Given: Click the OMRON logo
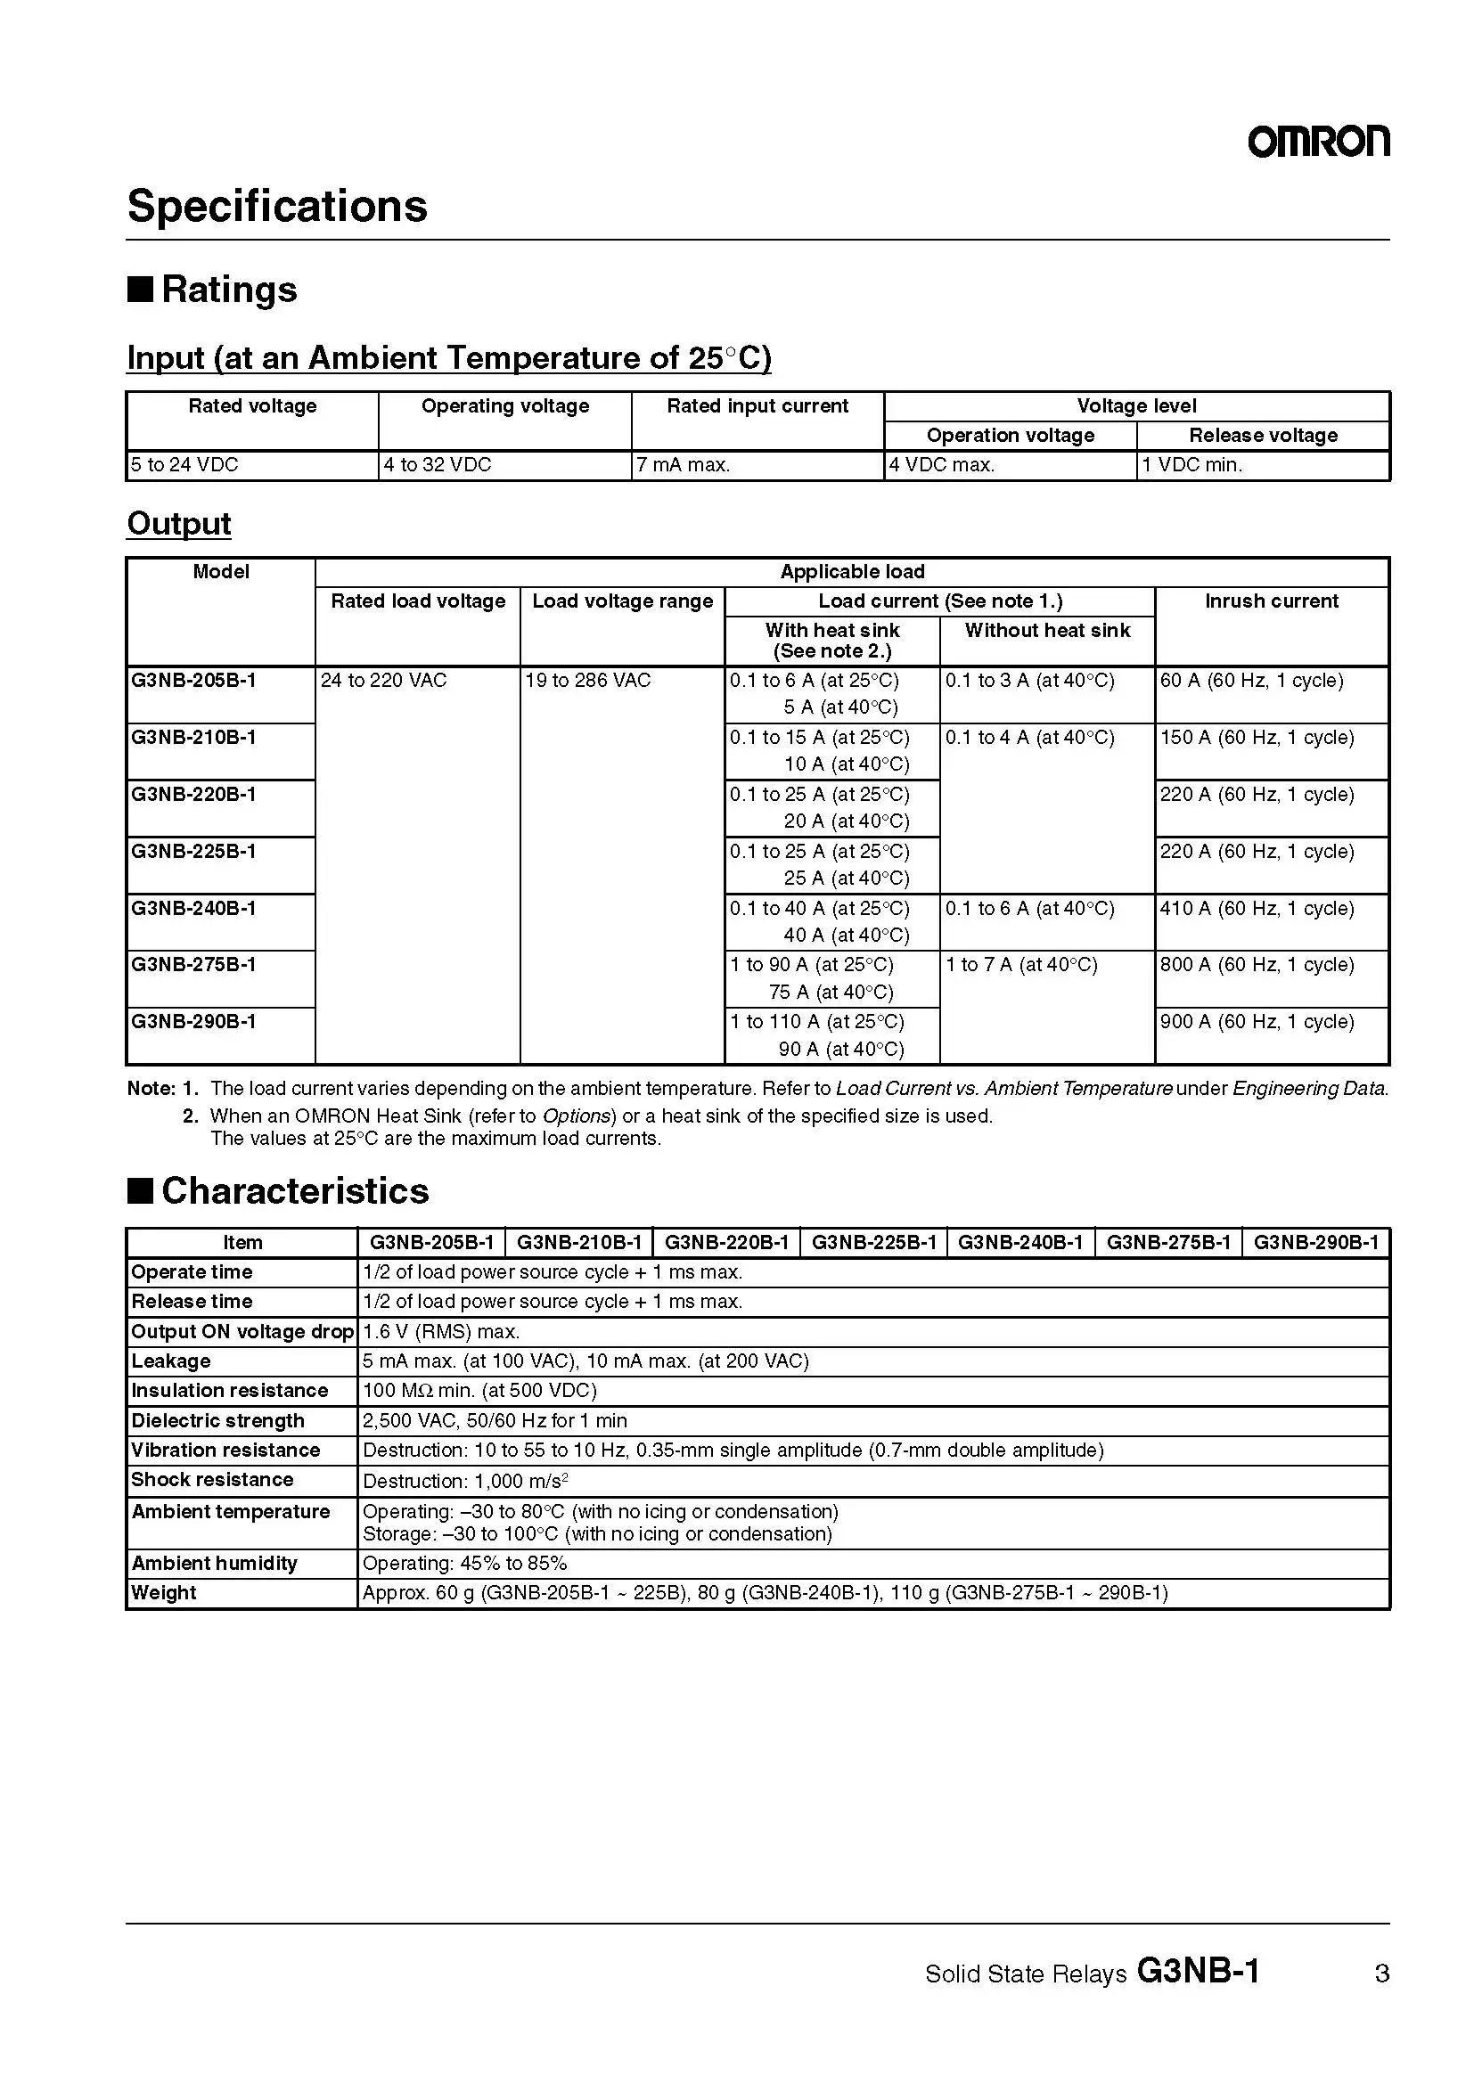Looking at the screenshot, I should click(x=1318, y=142).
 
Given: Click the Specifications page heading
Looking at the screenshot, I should click(x=277, y=206).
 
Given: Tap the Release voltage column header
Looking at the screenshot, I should click(x=1263, y=436).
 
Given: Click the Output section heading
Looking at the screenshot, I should click(x=179, y=524).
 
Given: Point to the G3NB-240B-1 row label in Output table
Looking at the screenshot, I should click(x=193, y=909).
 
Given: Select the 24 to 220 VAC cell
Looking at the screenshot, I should click(x=384, y=681).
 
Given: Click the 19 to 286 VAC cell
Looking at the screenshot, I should click(x=588, y=681).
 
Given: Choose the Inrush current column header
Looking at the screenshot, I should click(x=1271, y=601).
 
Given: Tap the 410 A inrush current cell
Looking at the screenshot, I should click(x=1257, y=909).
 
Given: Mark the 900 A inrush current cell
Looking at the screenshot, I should click(x=1257, y=1022).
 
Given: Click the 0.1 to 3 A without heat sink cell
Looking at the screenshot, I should click(x=1029, y=681).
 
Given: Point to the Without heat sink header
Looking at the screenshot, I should click(x=1047, y=631).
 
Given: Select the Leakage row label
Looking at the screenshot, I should click(x=170, y=1361).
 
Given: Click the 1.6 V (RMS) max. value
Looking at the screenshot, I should click(x=441, y=1331).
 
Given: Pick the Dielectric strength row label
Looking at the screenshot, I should click(x=217, y=1420).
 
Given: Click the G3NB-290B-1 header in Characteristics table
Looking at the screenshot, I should click(x=1315, y=1243).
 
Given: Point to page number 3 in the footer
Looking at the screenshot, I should click(x=1381, y=1974).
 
